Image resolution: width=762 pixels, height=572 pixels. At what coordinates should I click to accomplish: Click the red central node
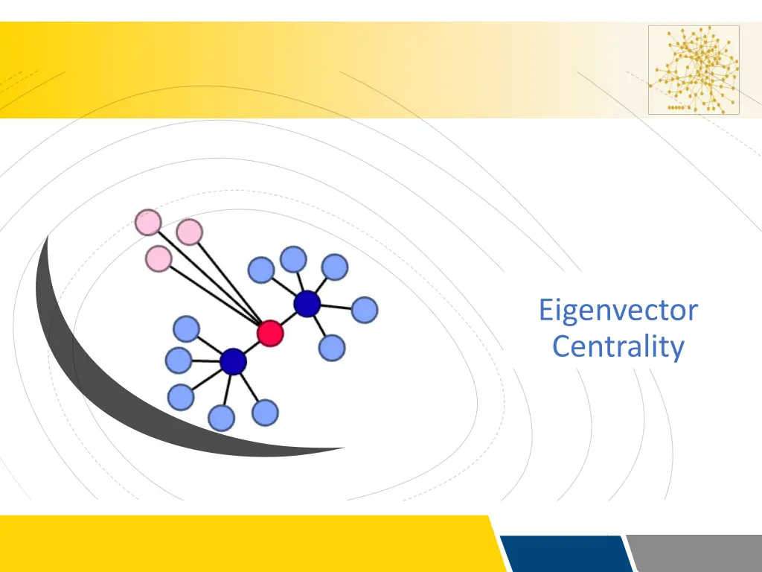[x=270, y=333]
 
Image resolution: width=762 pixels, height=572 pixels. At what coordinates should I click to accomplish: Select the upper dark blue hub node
[x=307, y=304]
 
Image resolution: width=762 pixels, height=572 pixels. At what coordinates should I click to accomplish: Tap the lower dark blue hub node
[x=233, y=362]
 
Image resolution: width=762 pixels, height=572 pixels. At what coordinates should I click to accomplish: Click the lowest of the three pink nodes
[x=158, y=258]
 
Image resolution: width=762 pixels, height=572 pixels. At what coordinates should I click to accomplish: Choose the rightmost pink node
[x=190, y=232]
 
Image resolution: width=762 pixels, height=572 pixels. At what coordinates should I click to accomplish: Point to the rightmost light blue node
[x=364, y=310]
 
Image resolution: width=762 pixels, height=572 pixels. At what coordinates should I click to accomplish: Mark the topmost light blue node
[x=293, y=259]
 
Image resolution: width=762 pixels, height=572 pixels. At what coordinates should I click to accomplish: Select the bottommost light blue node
[x=222, y=419]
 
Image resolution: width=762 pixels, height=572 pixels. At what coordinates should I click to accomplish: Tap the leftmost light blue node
[x=178, y=360]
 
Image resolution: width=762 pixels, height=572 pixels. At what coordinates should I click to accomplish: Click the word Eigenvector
[x=618, y=310]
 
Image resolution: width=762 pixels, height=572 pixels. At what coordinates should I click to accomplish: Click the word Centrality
[x=618, y=346]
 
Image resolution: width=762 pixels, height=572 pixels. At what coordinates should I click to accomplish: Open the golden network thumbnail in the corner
[x=694, y=70]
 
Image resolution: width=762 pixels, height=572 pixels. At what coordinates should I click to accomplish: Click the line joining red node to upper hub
[x=288, y=319]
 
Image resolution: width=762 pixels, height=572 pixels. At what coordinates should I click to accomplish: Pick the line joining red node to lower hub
[x=252, y=348]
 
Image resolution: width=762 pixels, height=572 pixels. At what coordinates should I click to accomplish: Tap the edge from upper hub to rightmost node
[x=336, y=307]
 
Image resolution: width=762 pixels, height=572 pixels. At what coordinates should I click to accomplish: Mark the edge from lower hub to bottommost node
[x=227, y=390]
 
